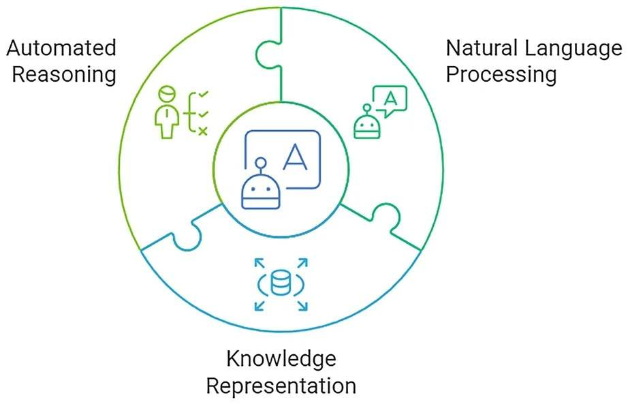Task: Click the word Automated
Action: pos(61,48)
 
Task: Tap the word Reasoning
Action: pos(64,74)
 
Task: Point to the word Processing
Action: pos(501,74)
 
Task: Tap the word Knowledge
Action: pos(281,359)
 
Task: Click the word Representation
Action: pos(281,386)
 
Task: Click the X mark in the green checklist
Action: pos(202,130)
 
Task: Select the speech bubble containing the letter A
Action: pos(390,100)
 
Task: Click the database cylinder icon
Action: pos(280,283)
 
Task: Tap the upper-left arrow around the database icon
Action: pos(258,263)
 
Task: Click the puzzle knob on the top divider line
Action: pos(266,52)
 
